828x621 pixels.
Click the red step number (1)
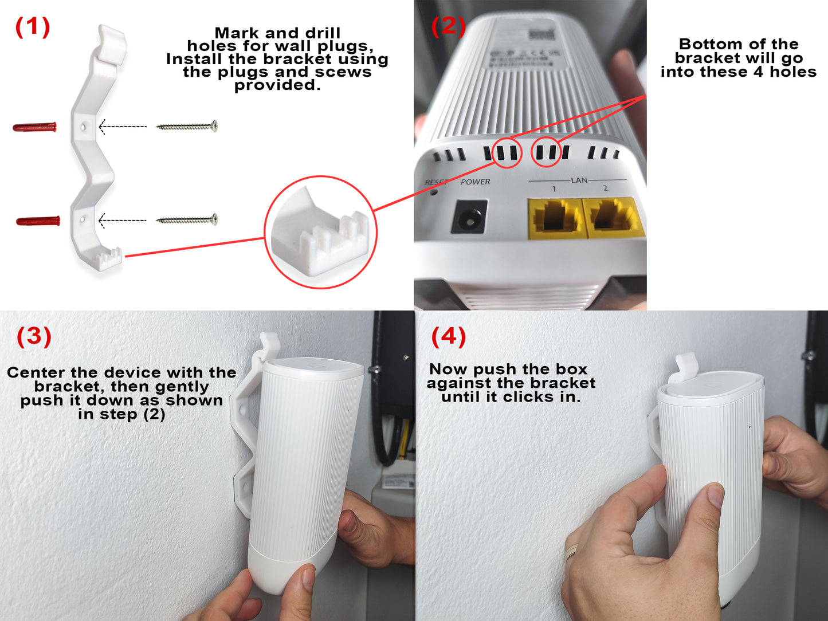click(x=33, y=27)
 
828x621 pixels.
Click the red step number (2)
click(x=448, y=26)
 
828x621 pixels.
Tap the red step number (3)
click(x=34, y=336)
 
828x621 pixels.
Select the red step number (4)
click(x=448, y=336)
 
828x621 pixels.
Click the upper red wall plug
click(x=35, y=127)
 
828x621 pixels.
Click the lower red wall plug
click(x=38, y=221)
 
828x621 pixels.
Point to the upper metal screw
click(x=187, y=126)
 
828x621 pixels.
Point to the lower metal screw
click(x=187, y=219)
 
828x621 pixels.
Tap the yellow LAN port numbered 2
click(x=611, y=217)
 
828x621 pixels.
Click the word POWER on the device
click(x=475, y=182)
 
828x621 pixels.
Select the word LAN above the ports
click(x=579, y=180)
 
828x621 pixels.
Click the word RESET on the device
click(x=435, y=182)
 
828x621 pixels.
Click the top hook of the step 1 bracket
click(x=111, y=42)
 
